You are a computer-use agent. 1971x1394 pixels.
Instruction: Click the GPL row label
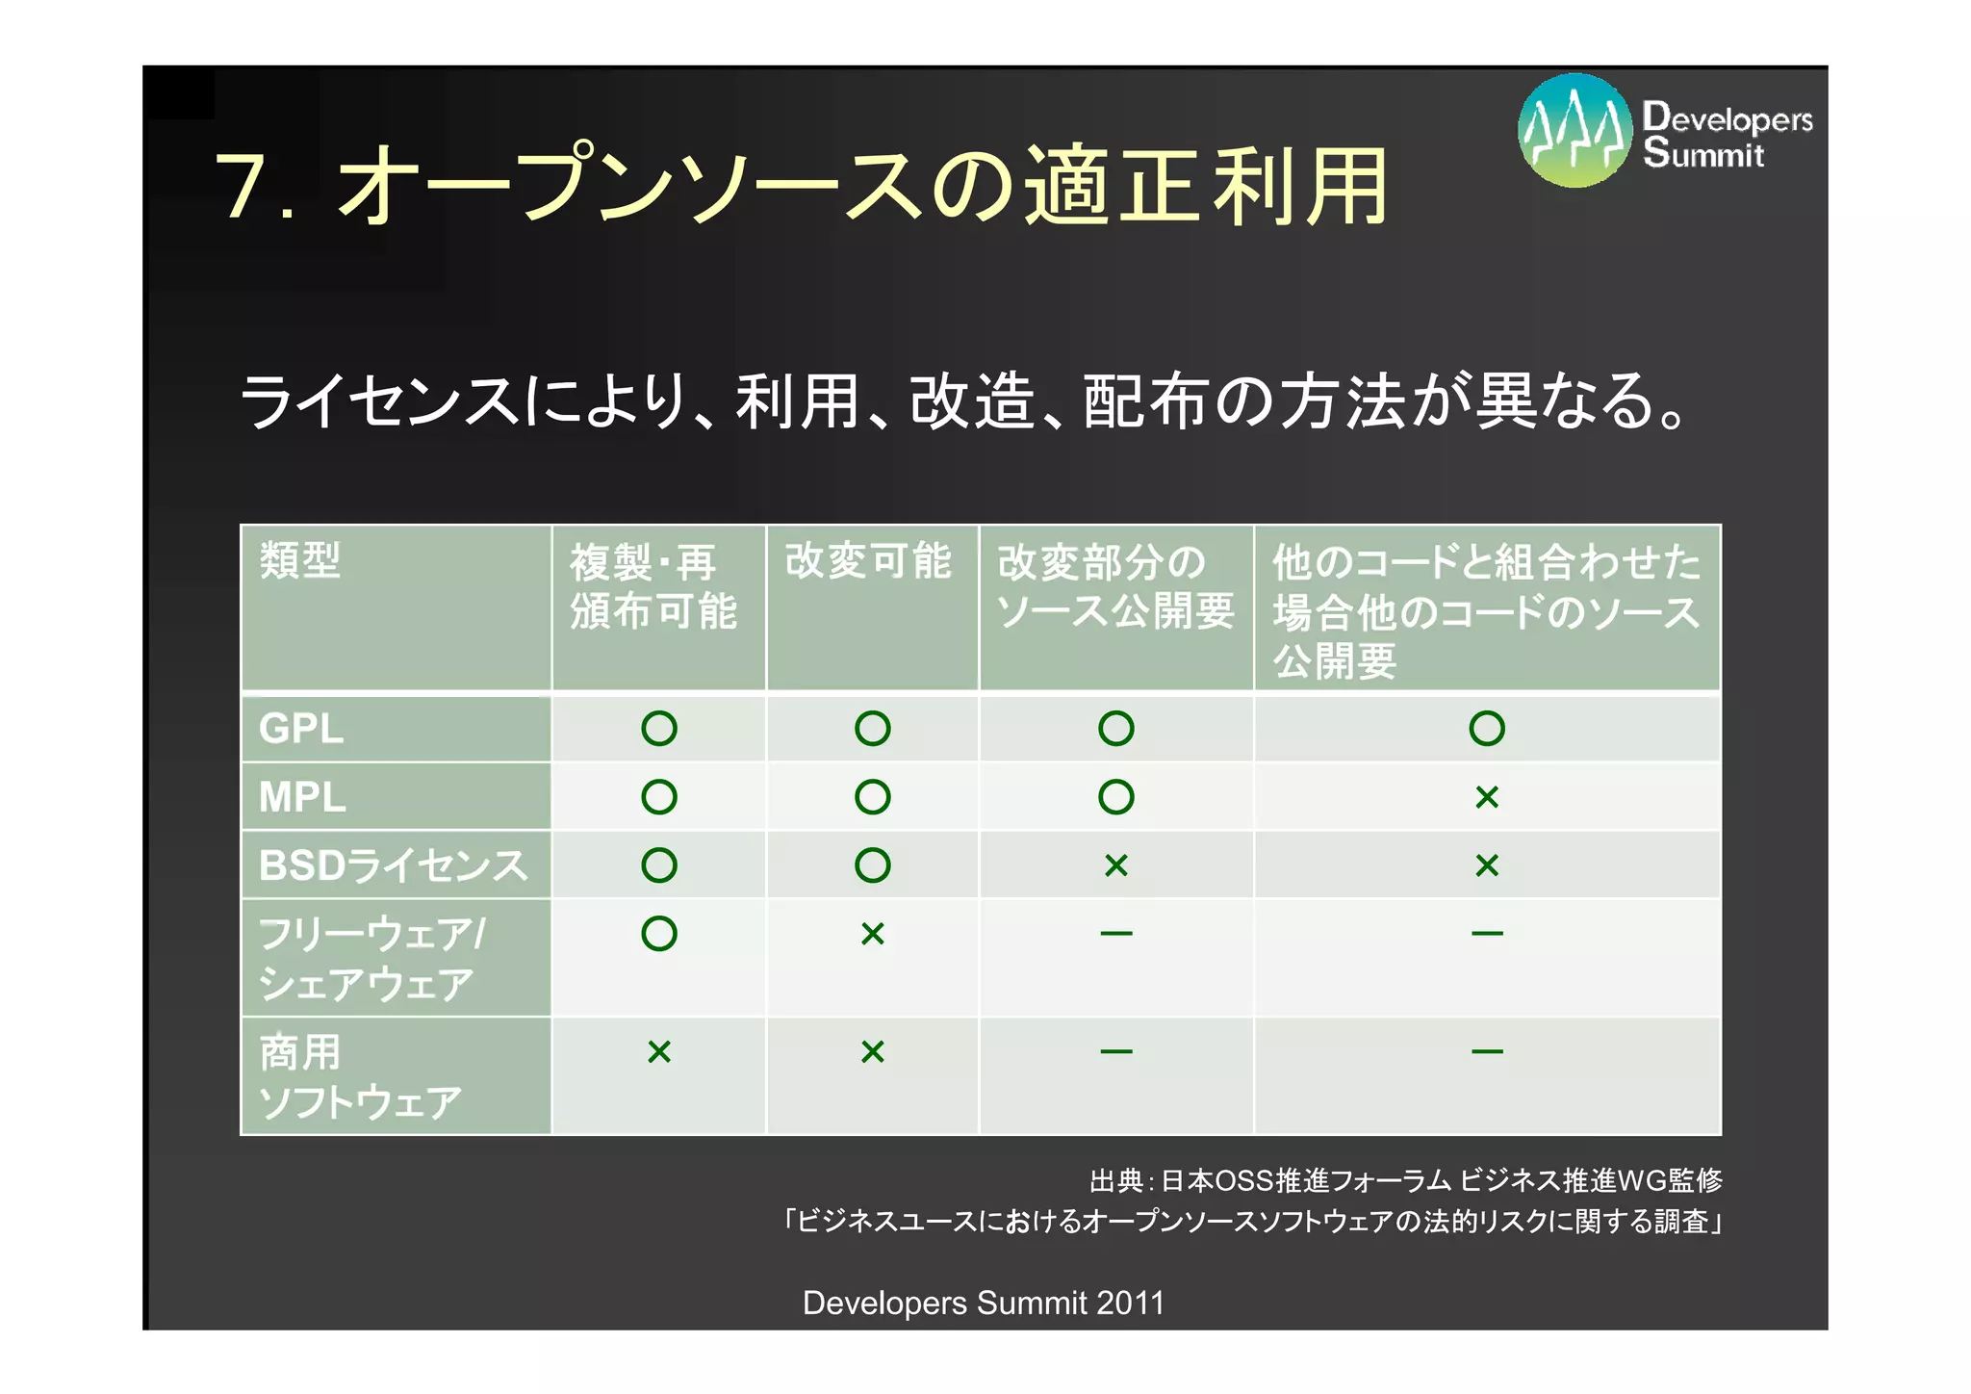(x=301, y=729)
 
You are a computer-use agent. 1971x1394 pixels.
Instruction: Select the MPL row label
(x=302, y=797)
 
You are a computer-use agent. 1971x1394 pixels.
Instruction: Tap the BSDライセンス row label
(x=394, y=865)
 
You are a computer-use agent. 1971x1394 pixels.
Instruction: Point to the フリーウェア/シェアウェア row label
(x=371, y=959)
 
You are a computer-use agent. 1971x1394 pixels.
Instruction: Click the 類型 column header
(x=300, y=560)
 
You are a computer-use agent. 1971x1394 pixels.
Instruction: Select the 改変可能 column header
(x=868, y=561)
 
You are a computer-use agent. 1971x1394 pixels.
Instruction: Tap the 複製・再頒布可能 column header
(x=653, y=586)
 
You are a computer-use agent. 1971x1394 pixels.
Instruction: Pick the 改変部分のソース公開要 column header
(x=1114, y=586)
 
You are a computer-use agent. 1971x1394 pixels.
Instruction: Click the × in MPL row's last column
(x=1487, y=797)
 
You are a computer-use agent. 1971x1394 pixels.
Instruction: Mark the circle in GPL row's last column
(x=1487, y=729)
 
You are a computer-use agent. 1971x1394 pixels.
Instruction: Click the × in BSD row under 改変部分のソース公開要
(x=1116, y=865)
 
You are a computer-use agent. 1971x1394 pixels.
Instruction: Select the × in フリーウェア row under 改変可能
(x=873, y=934)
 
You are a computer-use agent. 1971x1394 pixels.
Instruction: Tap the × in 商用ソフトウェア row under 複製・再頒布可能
(x=659, y=1051)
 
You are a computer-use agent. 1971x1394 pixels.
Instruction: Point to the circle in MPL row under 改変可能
(x=873, y=797)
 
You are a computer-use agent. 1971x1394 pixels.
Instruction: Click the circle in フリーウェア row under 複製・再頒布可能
(x=659, y=934)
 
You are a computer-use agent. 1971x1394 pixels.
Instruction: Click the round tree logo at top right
(x=1574, y=130)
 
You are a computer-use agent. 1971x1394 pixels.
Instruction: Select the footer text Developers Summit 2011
(x=984, y=1303)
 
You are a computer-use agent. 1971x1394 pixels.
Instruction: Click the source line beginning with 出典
(x=1405, y=1180)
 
